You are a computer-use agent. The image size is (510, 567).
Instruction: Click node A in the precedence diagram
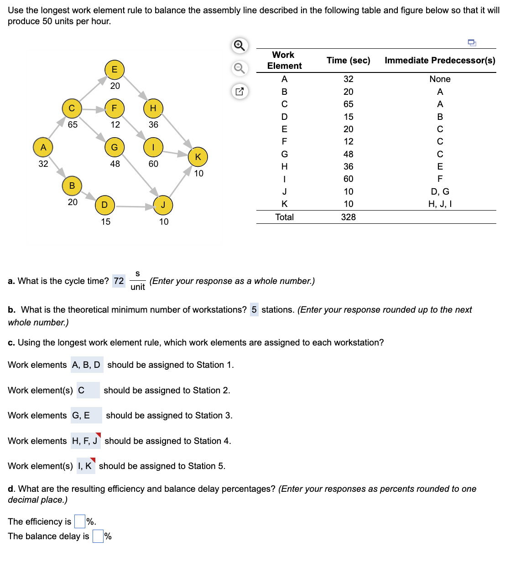pos(43,147)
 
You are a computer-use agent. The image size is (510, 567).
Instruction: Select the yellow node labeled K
pos(198,157)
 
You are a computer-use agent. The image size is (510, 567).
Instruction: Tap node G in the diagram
pos(114,147)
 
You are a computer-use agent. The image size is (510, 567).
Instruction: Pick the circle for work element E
pos(114,69)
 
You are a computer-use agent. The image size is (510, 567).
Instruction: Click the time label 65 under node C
pos(73,124)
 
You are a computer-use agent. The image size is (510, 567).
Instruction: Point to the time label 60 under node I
pos(153,164)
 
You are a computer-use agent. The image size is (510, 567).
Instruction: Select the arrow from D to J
pos(135,206)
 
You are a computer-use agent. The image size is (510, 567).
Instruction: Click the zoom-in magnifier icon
pos(239,45)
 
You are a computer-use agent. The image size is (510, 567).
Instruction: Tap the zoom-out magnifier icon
pos(239,68)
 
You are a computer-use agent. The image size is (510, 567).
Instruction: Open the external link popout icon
pos(239,91)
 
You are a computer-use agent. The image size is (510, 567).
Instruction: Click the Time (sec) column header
pos(348,60)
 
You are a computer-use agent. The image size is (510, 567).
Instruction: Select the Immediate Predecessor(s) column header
pos(440,60)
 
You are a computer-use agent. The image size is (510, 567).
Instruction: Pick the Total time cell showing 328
pos(348,217)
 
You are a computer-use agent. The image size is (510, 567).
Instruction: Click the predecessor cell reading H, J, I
pos(440,204)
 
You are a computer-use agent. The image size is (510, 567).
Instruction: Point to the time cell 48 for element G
pos(348,154)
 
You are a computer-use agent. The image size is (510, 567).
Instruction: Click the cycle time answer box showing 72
pos(119,281)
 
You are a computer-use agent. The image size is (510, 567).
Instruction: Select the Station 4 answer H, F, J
pos(85,441)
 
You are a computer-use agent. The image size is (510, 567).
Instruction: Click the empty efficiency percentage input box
pos(80,521)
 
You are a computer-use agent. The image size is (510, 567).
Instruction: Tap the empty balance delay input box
pos(98,536)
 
